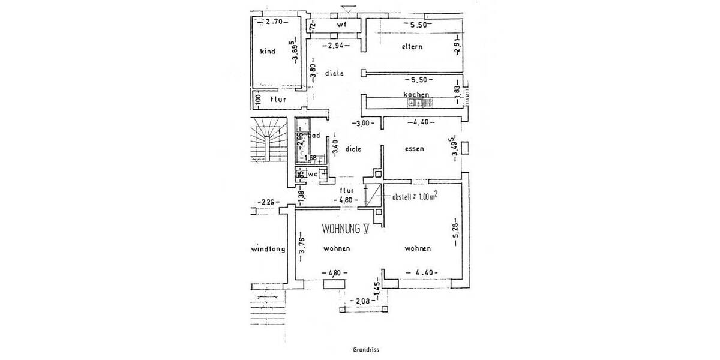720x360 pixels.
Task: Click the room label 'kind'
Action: click(x=268, y=52)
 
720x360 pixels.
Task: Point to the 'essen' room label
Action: click(x=415, y=149)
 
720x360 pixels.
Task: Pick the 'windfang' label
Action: click(x=268, y=249)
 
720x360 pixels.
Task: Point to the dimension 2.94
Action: click(x=334, y=46)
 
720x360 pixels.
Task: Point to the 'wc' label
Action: click(x=312, y=174)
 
